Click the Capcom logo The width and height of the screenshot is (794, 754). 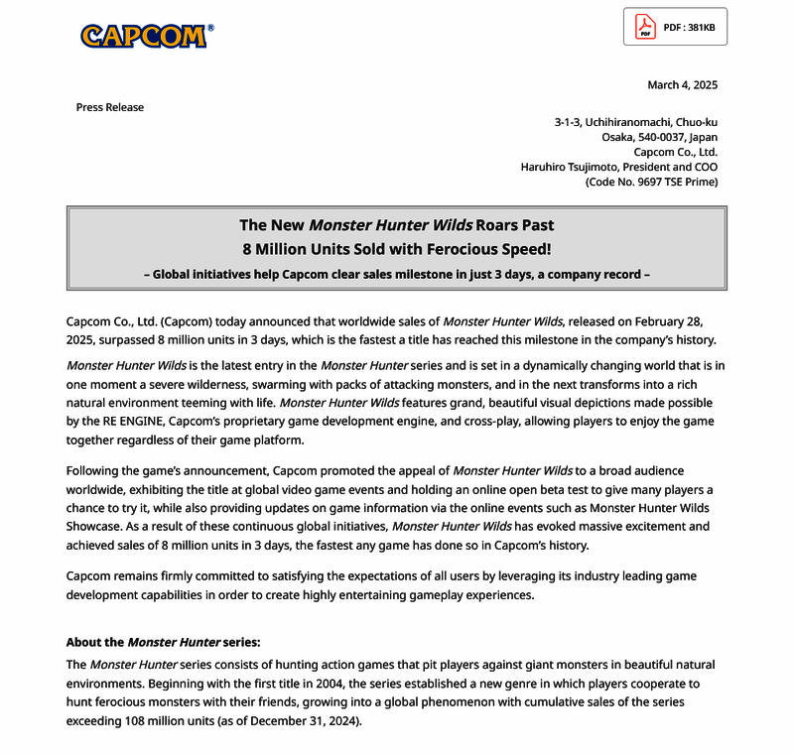[144, 36]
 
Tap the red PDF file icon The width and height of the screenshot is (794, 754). [645, 27]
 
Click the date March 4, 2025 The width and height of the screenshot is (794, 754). [682, 84]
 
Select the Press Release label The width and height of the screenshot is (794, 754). [110, 107]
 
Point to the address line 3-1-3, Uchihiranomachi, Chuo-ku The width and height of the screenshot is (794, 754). [635, 122]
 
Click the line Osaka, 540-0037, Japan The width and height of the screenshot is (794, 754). [659, 137]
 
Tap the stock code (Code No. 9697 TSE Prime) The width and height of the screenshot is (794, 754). [651, 182]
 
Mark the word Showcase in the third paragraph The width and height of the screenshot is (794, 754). [96, 526]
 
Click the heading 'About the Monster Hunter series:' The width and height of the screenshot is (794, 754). [163, 643]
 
